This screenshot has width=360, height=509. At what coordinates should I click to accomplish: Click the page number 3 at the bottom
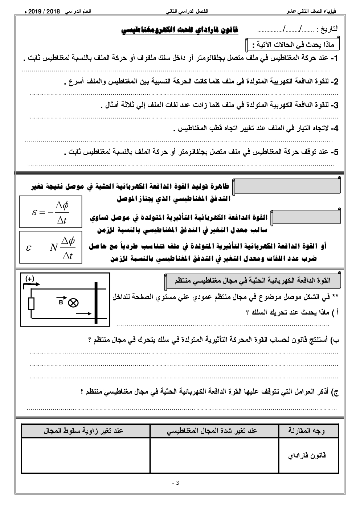177,483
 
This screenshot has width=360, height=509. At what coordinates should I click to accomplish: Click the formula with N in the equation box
50,247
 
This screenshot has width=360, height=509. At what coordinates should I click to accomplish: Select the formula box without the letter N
50,212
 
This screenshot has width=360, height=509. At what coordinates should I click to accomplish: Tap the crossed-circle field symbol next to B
74,302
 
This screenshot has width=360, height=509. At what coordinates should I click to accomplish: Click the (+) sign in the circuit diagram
30,279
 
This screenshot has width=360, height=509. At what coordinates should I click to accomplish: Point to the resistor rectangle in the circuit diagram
31,304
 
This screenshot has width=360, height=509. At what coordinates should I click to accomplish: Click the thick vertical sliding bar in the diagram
96,303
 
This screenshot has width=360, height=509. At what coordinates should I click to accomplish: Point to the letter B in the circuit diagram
61,302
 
